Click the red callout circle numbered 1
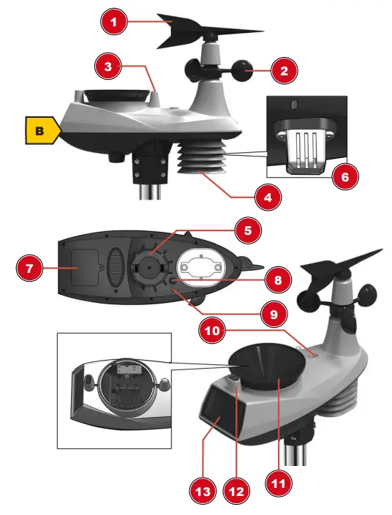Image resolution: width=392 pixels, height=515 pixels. (114, 23)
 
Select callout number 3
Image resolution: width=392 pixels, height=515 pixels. (108, 67)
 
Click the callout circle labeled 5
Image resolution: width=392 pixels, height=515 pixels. (248, 231)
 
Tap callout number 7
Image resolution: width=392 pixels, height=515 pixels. (29, 268)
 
